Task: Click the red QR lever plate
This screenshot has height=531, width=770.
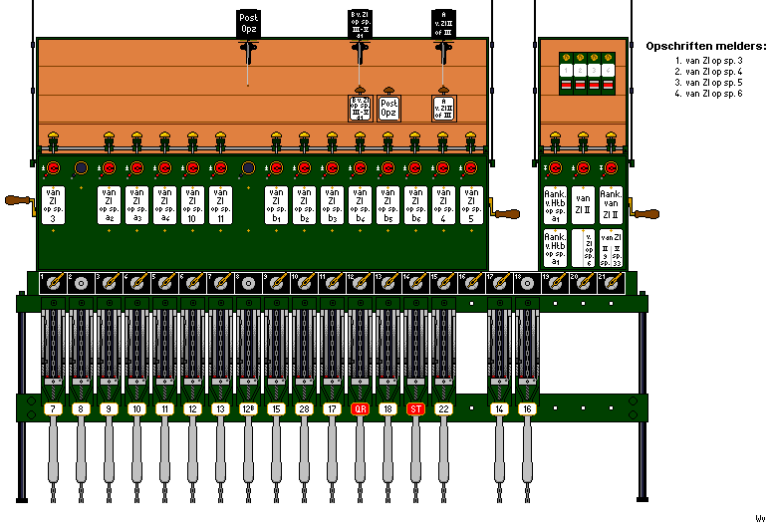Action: coord(360,408)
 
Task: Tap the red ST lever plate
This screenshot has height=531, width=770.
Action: coord(415,408)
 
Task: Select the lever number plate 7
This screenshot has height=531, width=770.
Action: coord(53,408)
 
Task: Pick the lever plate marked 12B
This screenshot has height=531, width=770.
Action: coord(248,408)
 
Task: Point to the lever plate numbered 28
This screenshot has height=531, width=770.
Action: coord(304,408)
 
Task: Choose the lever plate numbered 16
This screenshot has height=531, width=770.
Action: coord(527,408)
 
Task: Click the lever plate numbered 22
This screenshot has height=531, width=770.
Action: coord(443,408)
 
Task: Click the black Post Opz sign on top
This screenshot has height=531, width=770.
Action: coord(248,24)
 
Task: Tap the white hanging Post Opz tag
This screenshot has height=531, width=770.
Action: coord(388,108)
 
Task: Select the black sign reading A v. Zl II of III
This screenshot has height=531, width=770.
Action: coord(443,22)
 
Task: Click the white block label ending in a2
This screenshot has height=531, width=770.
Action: coord(109,204)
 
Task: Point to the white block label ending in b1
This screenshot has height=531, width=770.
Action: coord(276,204)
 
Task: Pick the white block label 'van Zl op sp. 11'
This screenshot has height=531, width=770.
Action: coord(220,204)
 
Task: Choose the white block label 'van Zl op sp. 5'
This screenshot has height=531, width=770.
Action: coord(471,204)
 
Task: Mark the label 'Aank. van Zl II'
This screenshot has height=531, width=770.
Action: coord(611,204)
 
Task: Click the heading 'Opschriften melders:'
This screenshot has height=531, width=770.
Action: coord(704,46)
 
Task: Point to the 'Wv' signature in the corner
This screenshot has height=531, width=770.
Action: coord(759,518)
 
